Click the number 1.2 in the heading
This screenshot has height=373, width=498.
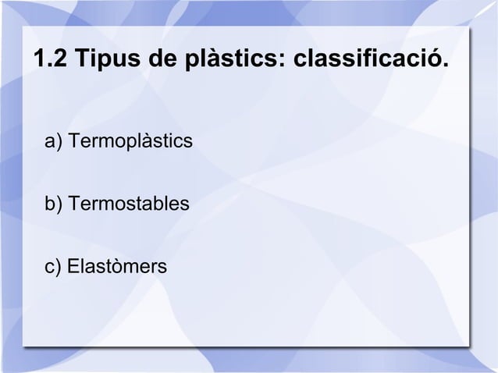(50, 59)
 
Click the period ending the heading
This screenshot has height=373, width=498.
(446, 66)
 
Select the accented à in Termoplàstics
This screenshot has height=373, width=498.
(148, 143)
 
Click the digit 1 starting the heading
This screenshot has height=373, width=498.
(38, 59)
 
